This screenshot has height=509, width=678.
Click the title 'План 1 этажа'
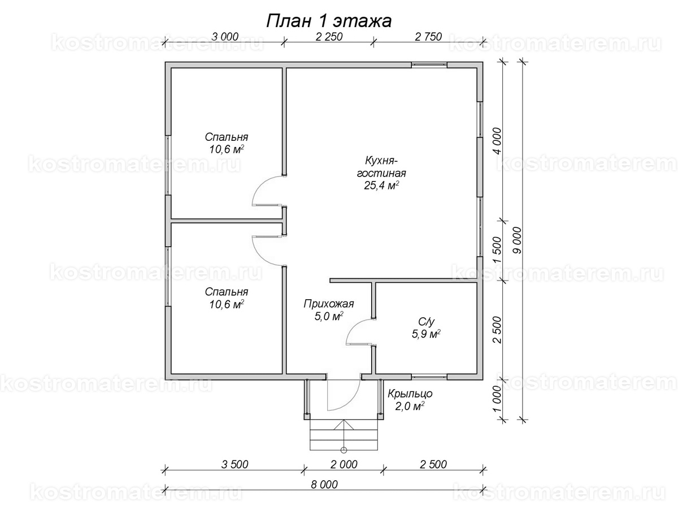329,21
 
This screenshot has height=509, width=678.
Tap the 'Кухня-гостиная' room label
381,167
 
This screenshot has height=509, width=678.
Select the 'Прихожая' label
329,304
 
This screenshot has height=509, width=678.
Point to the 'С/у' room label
426,322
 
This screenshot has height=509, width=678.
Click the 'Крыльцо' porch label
410,394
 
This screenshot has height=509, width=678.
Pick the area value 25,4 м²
381,186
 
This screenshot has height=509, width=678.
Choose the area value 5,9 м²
426,334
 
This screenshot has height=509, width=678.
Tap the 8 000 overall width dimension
324,484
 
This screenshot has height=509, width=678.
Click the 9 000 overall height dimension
517,240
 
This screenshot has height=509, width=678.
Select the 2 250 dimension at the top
329,37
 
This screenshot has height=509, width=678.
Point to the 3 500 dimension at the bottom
234,464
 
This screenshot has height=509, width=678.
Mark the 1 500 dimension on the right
497,251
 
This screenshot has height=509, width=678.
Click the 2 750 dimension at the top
428,37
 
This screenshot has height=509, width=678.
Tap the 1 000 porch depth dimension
497,399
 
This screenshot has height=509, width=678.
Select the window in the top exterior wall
429,65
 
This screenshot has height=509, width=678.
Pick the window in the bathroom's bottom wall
429,377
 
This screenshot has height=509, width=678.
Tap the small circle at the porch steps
344,450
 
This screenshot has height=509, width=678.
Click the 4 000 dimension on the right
497,141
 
